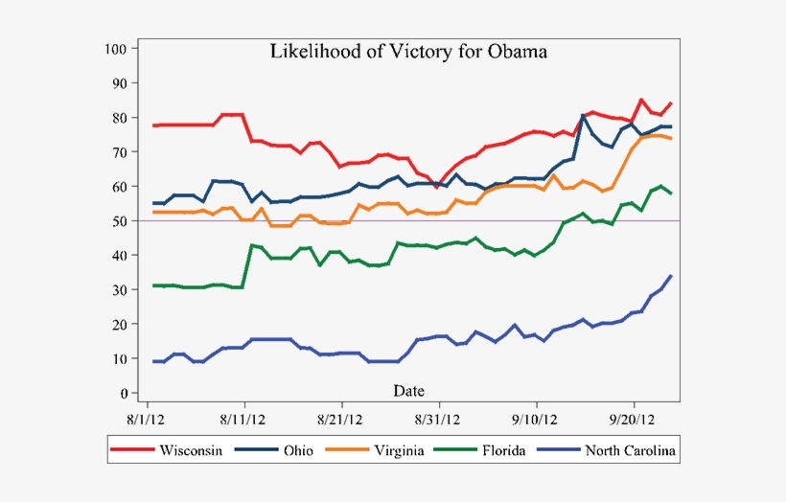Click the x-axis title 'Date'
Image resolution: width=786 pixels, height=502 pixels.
[x=409, y=390]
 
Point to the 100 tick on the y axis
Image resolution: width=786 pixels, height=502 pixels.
[x=117, y=48]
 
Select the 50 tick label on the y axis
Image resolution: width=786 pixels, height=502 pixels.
[x=120, y=221]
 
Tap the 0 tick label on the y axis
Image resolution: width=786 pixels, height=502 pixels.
[x=124, y=394]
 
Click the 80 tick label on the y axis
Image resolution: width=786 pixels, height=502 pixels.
[x=120, y=118]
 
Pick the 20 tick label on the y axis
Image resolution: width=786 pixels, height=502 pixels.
[x=120, y=325]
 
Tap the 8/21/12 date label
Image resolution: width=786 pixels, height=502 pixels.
[x=341, y=419]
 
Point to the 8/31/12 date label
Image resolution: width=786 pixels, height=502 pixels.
[x=439, y=419]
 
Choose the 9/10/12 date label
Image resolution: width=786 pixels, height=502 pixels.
[x=537, y=419]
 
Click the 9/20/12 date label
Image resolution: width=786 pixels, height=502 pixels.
[x=634, y=419]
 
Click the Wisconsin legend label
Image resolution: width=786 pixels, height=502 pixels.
[x=194, y=450]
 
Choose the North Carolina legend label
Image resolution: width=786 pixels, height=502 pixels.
[x=630, y=450]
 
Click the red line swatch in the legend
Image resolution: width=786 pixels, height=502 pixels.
[x=133, y=450]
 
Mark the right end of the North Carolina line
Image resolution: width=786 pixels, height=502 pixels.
[x=671, y=276]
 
